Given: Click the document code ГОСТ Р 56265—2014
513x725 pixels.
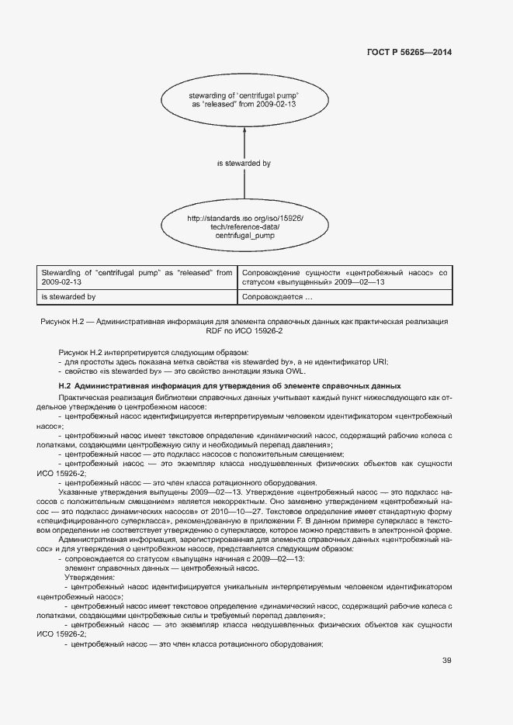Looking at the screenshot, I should [x=408, y=53].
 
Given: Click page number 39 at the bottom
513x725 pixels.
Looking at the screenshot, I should [x=446, y=661].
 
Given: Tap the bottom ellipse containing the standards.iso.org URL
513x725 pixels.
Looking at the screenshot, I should [x=245, y=226].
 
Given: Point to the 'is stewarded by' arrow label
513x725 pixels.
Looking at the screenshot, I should [x=244, y=164].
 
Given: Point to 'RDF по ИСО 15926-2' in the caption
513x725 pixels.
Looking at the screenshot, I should [x=244, y=331].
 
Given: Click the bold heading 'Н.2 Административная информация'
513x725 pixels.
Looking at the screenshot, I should [x=230, y=385].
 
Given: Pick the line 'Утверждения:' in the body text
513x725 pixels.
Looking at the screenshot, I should [x=90, y=577].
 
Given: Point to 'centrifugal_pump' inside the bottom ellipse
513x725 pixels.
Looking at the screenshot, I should [x=245, y=235].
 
